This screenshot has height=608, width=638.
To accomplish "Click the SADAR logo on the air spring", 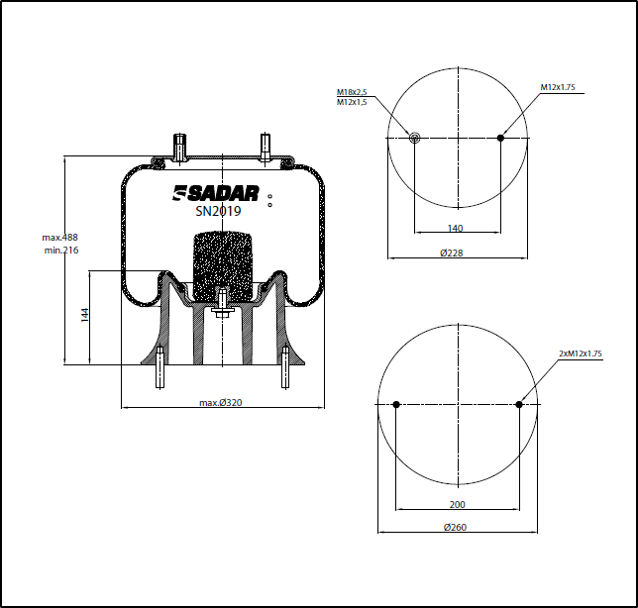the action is click(x=216, y=193).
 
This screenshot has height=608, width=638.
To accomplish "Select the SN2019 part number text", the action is click(x=218, y=211).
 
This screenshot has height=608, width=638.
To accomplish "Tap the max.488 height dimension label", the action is click(x=59, y=237).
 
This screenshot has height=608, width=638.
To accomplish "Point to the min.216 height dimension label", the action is click(x=61, y=251).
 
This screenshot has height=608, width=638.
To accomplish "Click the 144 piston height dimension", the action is click(x=85, y=315).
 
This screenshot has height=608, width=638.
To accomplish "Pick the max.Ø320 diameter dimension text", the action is click(x=221, y=402).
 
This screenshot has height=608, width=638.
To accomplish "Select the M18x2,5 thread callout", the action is click(x=352, y=92).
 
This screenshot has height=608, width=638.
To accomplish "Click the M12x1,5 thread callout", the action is click(x=352, y=102).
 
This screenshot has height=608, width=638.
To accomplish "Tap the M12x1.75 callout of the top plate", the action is click(x=558, y=87).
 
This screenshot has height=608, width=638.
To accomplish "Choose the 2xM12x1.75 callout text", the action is click(x=581, y=354).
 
